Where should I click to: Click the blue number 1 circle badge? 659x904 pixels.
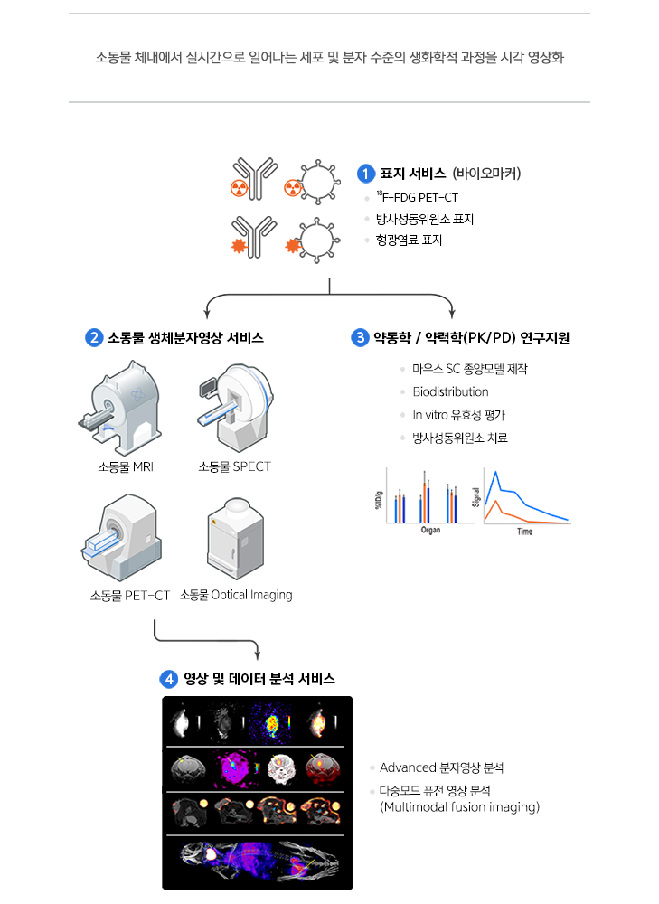coord(366,174)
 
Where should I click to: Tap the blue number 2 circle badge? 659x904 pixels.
coord(93,338)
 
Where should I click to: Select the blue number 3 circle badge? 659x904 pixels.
coord(359,338)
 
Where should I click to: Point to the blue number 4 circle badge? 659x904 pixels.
coord(169,678)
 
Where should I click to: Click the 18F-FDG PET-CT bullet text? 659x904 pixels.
coord(417,197)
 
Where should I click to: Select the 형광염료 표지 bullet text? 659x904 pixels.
coord(409,240)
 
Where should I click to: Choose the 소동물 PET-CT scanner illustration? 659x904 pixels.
coord(119,538)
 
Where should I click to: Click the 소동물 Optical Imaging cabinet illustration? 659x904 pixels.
coord(235,538)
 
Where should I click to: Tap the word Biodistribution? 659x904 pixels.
coord(450,391)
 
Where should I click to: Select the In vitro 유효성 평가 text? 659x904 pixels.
coord(458,415)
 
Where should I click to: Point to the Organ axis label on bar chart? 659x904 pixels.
coord(430,531)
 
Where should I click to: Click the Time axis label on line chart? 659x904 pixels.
coord(524,532)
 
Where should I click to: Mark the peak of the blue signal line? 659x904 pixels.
coord(494,473)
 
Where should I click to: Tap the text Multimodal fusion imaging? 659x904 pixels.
coord(460,806)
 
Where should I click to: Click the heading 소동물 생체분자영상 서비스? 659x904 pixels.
coord(185,338)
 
